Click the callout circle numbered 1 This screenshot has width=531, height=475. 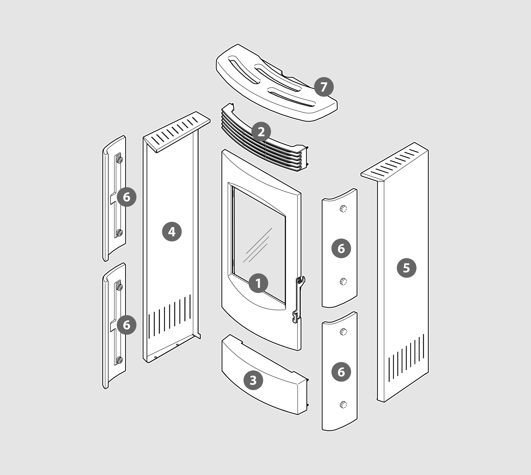[258, 283]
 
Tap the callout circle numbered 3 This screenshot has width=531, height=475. [253, 380]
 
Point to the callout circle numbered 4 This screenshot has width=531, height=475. [172, 232]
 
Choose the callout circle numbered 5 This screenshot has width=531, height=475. [407, 268]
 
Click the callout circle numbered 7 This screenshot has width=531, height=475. [324, 87]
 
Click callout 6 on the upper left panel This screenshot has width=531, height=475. [126, 197]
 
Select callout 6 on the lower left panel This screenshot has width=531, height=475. [126, 325]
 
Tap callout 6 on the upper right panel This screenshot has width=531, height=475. [341, 248]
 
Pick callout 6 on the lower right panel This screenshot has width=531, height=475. [341, 372]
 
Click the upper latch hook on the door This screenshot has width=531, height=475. [301, 281]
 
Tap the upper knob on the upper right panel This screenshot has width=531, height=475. [343, 209]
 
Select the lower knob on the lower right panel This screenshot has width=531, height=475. [343, 405]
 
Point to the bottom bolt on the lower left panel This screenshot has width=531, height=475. [119, 361]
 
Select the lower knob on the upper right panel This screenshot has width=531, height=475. [343, 281]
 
